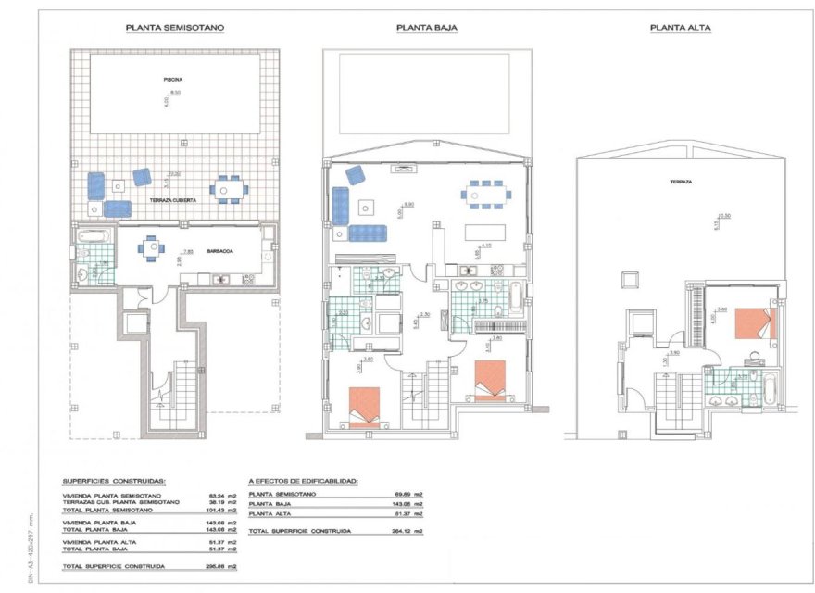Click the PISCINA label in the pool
click(172, 80)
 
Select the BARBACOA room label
click(219, 250)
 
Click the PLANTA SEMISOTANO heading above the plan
click(175, 29)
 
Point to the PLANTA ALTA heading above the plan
click(680, 29)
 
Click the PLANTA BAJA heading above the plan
click(426, 29)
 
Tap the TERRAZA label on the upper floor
click(681, 182)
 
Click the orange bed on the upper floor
click(754, 323)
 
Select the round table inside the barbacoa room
click(152, 247)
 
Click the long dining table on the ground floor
click(485, 195)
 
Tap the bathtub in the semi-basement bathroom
click(94, 236)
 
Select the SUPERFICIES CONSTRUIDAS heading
click(114, 482)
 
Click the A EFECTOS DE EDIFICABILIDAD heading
click(303, 482)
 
